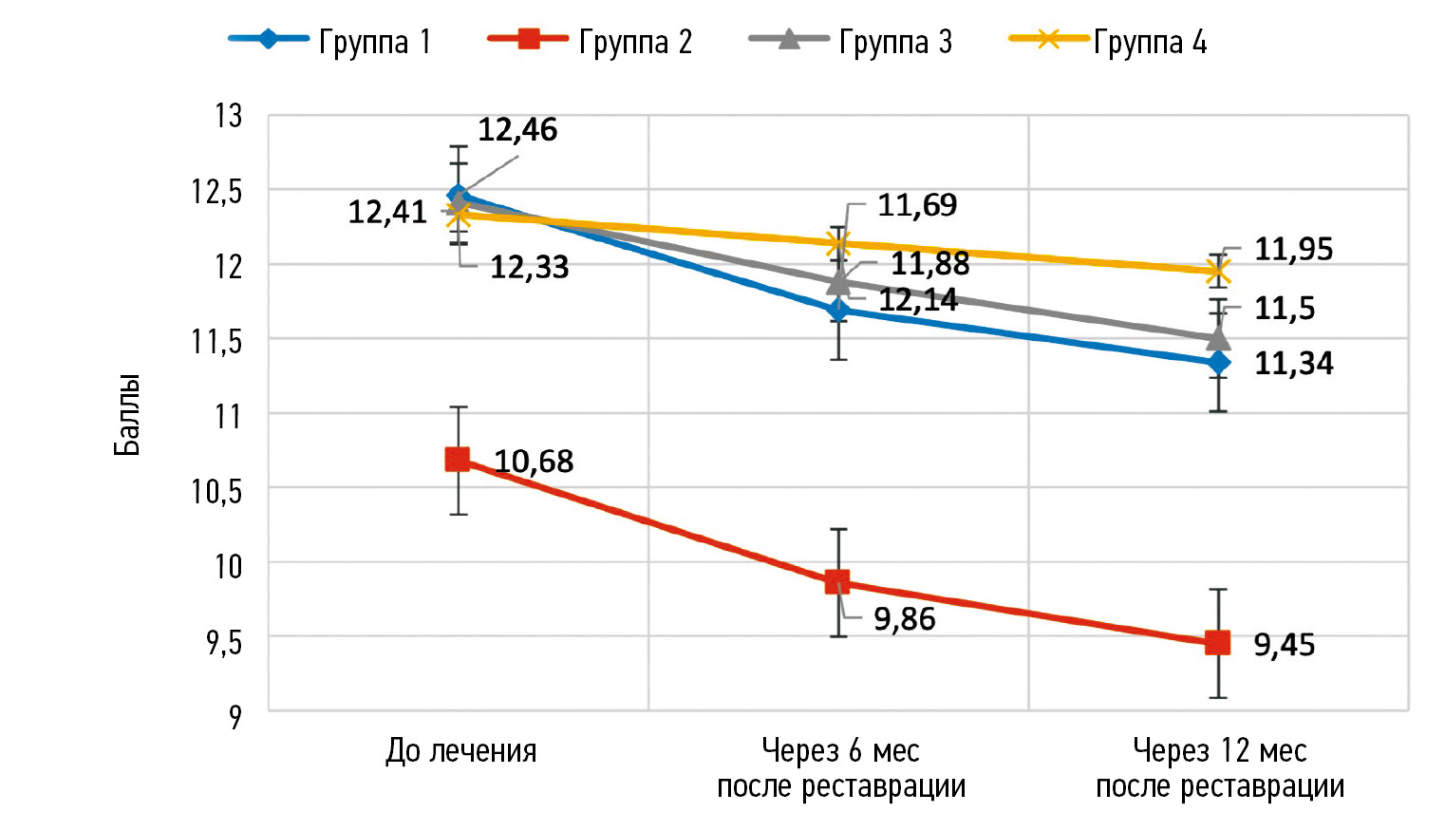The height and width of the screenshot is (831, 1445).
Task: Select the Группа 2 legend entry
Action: [x=591, y=41]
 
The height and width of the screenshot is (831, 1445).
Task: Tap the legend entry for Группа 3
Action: [x=851, y=41]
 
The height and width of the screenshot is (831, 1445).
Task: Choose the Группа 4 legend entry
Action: [x=1108, y=41]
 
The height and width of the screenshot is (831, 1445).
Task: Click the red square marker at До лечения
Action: [x=458, y=460]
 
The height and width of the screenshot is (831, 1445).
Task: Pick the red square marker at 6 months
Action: [x=837, y=581]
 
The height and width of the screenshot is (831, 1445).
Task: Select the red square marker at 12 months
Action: [x=1217, y=643]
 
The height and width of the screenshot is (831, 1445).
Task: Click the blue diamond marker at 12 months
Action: [x=1218, y=363]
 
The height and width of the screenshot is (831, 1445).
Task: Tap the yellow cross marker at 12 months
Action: [x=1217, y=273]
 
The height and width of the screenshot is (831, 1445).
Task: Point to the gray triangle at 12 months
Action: [x=1218, y=338]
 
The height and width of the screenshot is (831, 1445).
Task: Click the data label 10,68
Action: [x=534, y=462]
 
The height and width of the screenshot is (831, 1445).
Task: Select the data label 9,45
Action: [x=1284, y=645]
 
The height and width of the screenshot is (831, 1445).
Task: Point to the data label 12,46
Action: [x=517, y=130]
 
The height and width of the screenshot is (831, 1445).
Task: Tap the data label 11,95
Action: [x=1293, y=250]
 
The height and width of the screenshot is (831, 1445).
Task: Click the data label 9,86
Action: [x=904, y=619]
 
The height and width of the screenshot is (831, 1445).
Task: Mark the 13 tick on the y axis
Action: [x=229, y=116]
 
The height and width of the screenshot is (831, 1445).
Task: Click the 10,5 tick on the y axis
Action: [x=217, y=490]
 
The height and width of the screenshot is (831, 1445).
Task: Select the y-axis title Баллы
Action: [x=127, y=415]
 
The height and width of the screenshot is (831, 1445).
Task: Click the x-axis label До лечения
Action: [x=461, y=751]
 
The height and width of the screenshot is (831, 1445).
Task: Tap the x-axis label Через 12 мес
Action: [x=1220, y=751]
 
